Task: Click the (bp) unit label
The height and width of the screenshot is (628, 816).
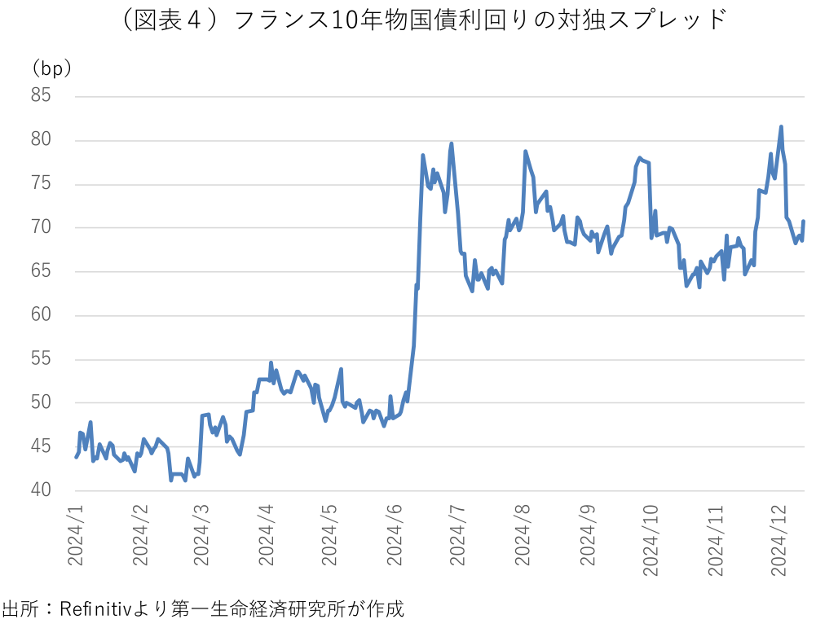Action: pyautogui.click(x=51, y=68)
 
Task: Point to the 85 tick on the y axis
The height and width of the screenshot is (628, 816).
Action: pyautogui.click(x=41, y=96)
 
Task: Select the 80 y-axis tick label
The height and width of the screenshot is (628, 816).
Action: pyautogui.click(x=41, y=140)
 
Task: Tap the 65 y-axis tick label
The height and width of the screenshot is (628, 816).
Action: pyautogui.click(x=41, y=271)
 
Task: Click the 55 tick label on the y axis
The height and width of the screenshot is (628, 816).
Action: pyautogui.click(x=41, y=359)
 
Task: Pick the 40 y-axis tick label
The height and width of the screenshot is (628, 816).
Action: pyautogui.click(x=41, y=490)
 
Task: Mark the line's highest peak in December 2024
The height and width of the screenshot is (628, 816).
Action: pyautogui.click(x=781, y=126)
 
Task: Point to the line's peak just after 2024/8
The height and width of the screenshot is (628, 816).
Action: pyautogui.click(x=526, y=152)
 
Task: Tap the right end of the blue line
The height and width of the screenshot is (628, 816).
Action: pyautogui.click(x=803, y=222)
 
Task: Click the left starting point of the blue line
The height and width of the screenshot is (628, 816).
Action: pyautogui.click(x=76, y=457)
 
